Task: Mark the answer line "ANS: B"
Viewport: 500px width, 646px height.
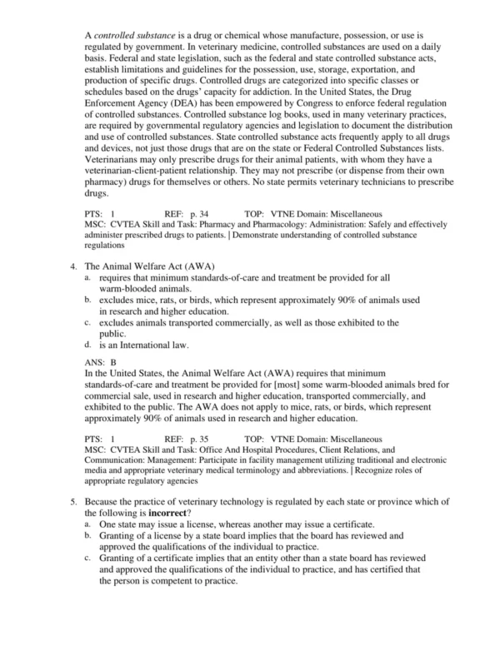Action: click(x=101, y=363)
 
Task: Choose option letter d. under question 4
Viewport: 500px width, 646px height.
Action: click(x=88, y=343)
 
